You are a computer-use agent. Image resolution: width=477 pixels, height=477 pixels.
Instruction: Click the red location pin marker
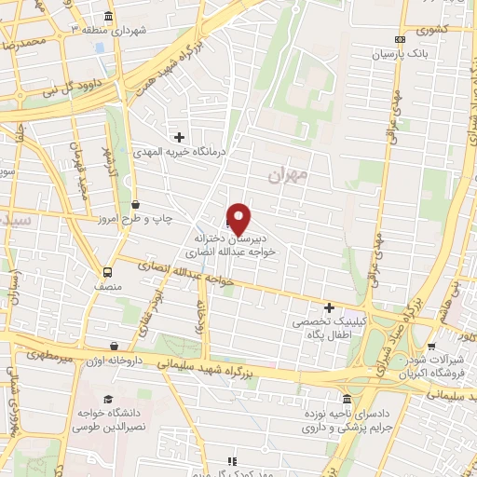239,219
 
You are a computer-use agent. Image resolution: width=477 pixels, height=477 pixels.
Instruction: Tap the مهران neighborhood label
286,173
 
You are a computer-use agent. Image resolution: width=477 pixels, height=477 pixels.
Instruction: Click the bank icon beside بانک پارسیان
400,39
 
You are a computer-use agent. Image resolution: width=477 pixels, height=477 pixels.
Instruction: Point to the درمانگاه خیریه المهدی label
181,151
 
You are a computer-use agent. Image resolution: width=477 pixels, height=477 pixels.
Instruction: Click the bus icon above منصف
108,273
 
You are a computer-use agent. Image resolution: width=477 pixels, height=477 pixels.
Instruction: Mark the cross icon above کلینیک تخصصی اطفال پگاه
328,307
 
